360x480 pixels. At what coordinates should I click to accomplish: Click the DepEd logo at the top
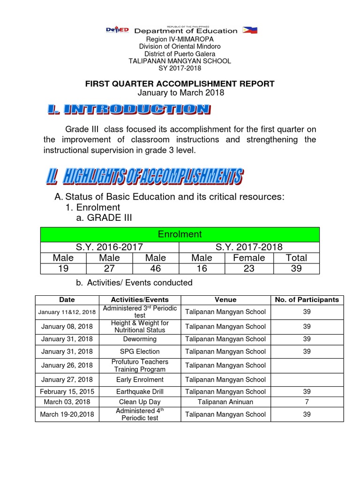[x=118, y=30]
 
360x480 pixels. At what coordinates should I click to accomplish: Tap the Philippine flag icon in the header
[x=248, y=30]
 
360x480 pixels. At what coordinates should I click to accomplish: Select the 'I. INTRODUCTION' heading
[x=128, y=110]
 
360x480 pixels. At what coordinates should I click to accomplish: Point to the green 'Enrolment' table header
[x=180, y=234]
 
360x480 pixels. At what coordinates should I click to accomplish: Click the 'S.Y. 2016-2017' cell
[x=110, y=247]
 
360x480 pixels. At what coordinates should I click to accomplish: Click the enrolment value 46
[x=156, y=269]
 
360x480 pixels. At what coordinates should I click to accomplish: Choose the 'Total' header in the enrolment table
[x=296, y=258]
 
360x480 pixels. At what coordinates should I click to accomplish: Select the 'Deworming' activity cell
[x=140, y=338]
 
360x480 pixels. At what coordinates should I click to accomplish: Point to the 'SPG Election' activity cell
[x=140, y=351]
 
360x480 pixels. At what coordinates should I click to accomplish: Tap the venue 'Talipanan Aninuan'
[x=225, y=402]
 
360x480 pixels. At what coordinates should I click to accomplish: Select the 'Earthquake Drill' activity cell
[x=140, y=391]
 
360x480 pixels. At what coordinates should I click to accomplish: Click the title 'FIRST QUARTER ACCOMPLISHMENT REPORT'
[x=180, y=83]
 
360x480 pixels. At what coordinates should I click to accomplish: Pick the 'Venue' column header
[x=225, y=300]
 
